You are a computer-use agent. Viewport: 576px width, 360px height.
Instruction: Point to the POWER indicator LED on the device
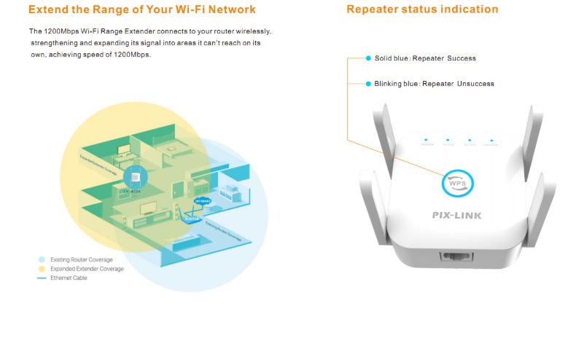coord(427,139)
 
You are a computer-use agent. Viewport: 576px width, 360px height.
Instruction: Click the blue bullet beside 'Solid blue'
coord(369,58)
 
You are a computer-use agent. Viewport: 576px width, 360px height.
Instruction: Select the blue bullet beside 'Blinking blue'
coord(369,84)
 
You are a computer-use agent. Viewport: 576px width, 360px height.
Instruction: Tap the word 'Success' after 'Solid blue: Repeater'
coord(462,58)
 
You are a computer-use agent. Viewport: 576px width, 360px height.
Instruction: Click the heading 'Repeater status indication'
coord(422,9)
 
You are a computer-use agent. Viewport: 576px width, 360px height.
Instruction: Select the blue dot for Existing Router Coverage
coord(42,259)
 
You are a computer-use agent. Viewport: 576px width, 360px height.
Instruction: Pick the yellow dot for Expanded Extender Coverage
coord(42,268)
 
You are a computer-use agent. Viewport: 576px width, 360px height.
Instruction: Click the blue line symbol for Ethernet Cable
coord(42,278)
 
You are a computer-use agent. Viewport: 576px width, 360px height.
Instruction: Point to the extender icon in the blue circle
coord(134,176)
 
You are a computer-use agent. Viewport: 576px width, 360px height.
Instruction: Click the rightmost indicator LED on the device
coord(492,139)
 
